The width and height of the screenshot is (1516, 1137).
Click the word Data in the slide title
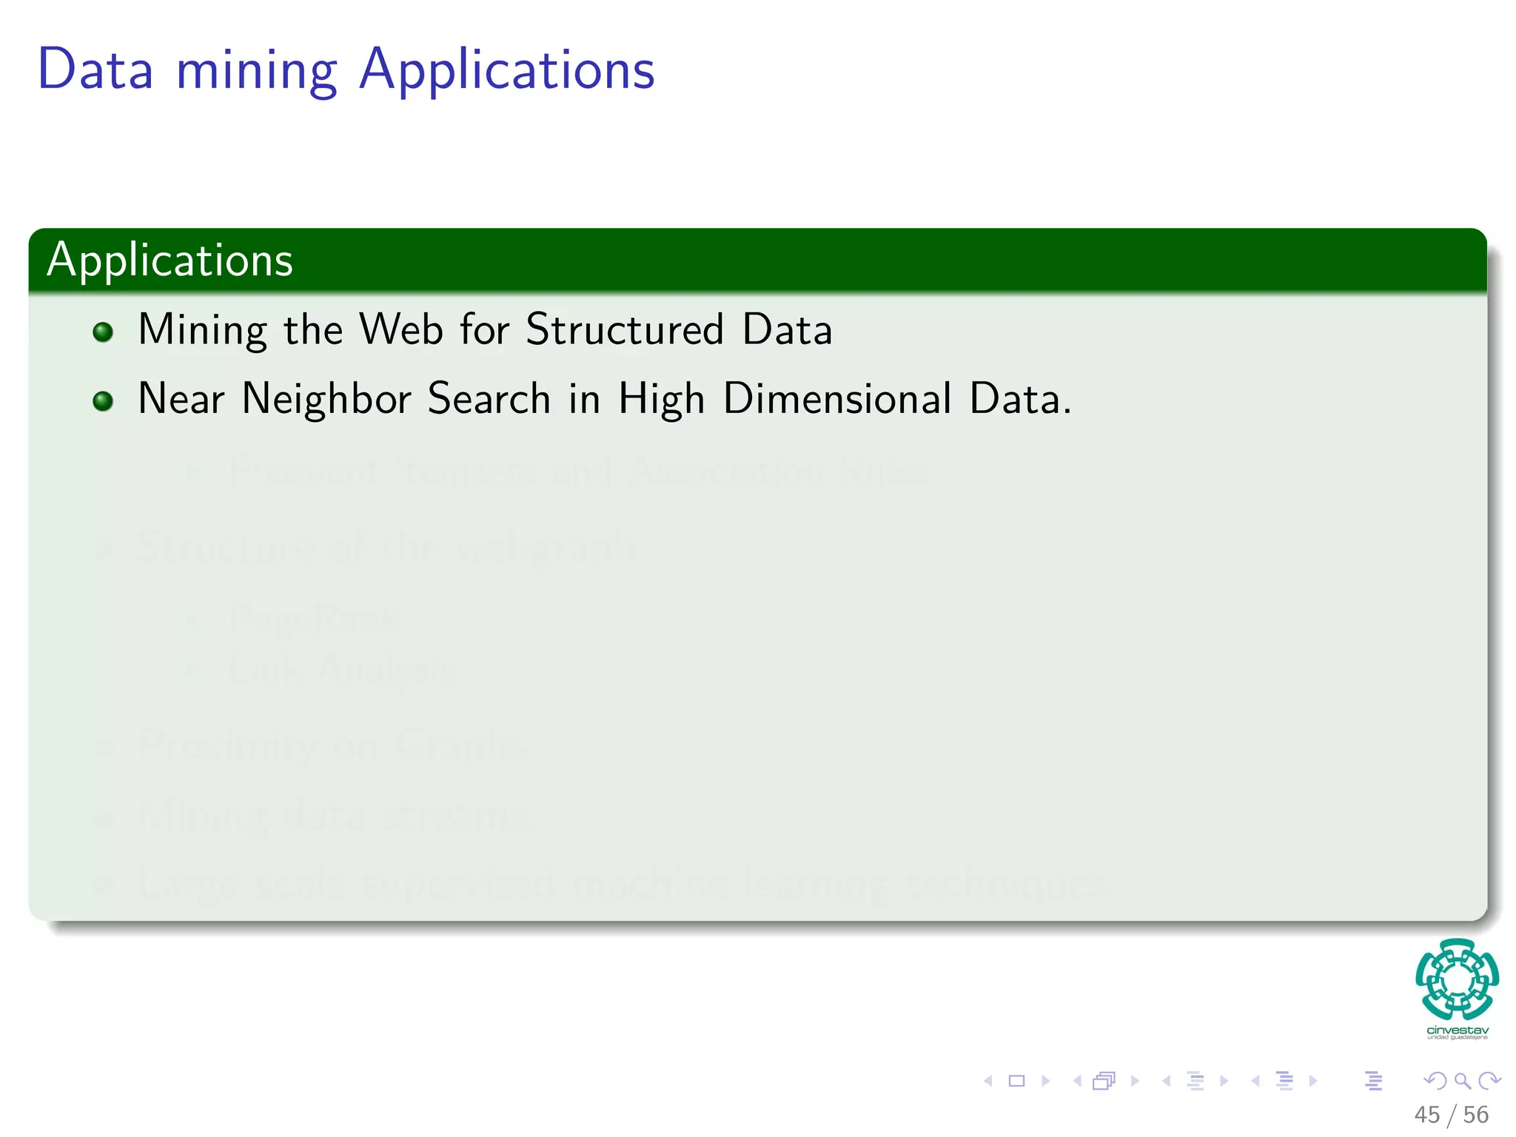pos(95,70)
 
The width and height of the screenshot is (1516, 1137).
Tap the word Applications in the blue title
pos(507,71)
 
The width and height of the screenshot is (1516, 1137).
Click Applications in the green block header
pos(170,261)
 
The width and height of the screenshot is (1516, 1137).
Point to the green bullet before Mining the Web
pos(103,332)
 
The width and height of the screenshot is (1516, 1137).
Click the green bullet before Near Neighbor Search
pos(103,401)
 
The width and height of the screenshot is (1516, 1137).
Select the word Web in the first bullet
pos(401,329)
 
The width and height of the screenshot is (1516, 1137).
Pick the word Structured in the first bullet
pos(624,329)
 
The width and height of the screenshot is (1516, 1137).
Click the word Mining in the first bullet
pos(202,331)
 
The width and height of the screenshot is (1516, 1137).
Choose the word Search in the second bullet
pos(489,399)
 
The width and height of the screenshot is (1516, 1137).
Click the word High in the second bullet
pos(661,400)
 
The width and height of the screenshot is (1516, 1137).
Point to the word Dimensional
pos(836,399)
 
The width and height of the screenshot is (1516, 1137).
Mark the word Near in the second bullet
pos(181,399)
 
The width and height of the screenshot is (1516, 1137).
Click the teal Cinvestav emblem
pos(1457,979)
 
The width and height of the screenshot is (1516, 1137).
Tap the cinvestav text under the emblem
pos(1458,1030)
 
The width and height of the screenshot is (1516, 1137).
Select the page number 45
pos(1426,1115)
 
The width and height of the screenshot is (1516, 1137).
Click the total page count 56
pos(1475,1115)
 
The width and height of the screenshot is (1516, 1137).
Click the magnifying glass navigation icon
pos(1462,1081)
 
